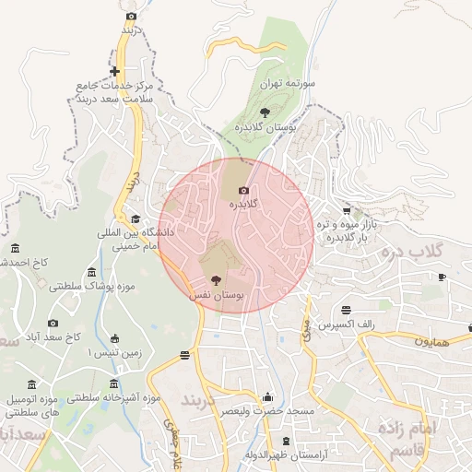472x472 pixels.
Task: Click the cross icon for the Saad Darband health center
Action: click(114, 71)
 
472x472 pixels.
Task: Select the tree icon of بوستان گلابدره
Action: click(265, 112)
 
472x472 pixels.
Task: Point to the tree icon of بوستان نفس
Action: click(217, 280)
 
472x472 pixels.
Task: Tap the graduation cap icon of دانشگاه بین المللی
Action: click(136, 218)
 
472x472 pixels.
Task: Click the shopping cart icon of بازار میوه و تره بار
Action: click(348, 210)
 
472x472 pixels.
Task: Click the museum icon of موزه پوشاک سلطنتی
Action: click(90, 272)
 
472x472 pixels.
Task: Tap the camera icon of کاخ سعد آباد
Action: click(53, 323)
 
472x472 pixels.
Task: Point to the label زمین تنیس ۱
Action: click(98, 353)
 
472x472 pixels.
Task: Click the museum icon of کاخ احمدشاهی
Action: click(15, 248)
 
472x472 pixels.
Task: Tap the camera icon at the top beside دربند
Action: click(131, 16)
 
